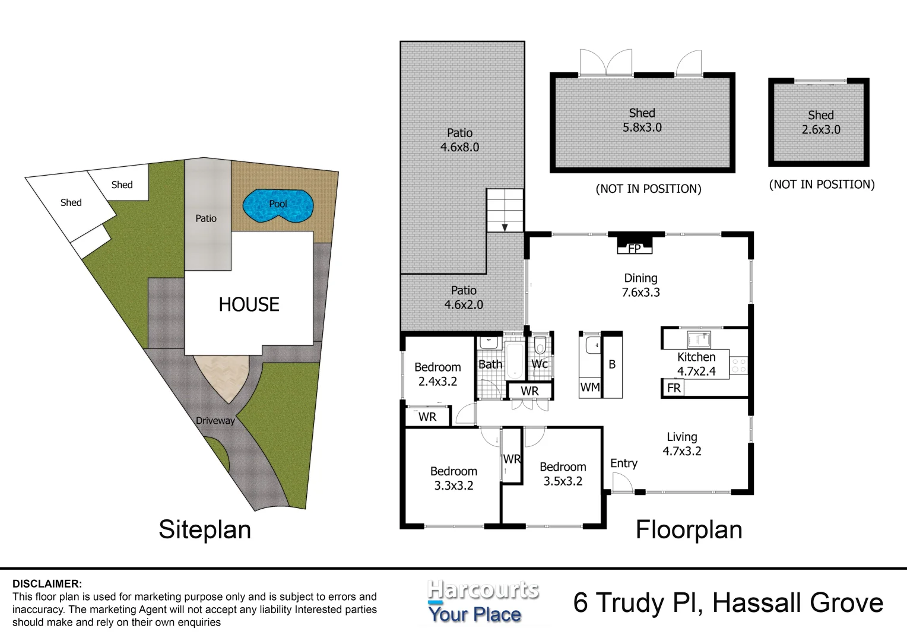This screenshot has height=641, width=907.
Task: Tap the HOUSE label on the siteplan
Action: click(249, 304)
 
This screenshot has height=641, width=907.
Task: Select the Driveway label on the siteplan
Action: click(215, 421)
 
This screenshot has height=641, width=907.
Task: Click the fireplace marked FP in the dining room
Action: click(634, 247)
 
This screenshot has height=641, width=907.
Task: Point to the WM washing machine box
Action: click(589, 388)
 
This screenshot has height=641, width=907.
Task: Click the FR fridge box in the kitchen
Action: click(674, 388)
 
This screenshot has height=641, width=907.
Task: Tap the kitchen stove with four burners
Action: click(738, 365)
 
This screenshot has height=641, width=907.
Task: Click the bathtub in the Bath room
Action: click(514, 360)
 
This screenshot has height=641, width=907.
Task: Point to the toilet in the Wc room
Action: click(540, 345)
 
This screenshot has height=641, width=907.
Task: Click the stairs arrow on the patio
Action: click(505, 227)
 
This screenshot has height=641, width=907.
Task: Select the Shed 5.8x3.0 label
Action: click(642, 120)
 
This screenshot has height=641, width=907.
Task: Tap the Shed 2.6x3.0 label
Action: click(820, 123)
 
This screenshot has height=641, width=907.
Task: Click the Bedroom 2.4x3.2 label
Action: click(437, 375)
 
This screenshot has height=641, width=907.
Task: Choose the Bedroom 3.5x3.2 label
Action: click(563, 474)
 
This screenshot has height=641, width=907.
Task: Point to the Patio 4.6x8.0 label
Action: click(459, 140)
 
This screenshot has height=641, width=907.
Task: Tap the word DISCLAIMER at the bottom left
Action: click(47, 584)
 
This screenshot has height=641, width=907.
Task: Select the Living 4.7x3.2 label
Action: click(681, 444)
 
